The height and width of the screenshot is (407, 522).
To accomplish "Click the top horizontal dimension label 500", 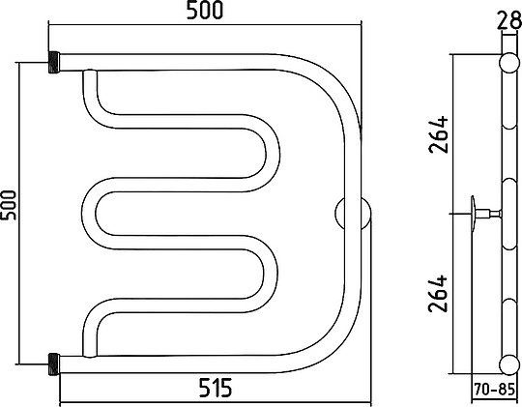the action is [x=204, y=10].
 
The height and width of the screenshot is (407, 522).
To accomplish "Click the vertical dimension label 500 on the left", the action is [x=9, y=205].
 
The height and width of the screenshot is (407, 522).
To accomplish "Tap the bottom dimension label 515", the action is [x=216, y=388].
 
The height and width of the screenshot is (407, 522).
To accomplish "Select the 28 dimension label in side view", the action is [x=509, y=20].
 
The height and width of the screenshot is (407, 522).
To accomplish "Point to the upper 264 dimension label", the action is [x=439, y=134].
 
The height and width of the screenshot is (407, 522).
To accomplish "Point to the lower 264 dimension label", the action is [x=438, y=294].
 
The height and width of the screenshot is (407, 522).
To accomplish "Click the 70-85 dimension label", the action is [x=494, y=389].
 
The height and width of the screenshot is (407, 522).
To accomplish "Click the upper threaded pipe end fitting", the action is [x=54, y=62].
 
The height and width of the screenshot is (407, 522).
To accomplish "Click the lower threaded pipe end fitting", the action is [x=54, y=364].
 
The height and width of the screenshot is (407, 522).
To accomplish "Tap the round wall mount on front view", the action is [x=353, y=214].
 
